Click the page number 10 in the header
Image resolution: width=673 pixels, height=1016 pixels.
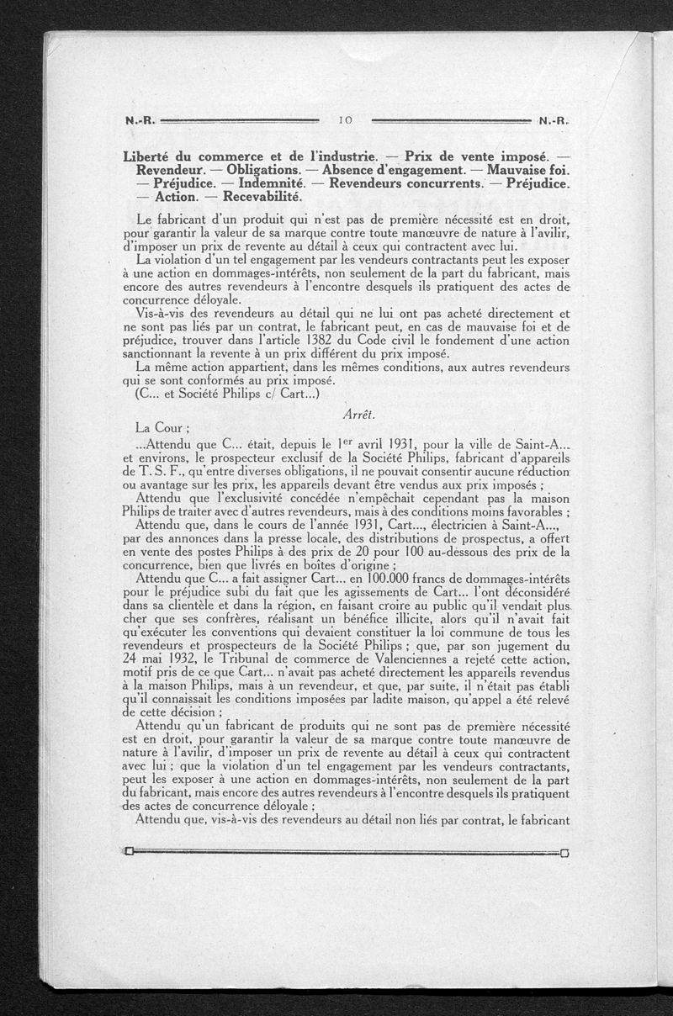[345, 120]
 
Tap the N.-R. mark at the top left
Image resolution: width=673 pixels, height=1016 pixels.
[138, 121]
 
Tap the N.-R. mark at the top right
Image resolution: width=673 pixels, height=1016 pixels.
[554, 121]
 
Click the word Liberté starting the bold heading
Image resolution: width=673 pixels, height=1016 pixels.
[150, 156]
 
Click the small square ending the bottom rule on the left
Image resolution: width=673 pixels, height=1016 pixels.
[128, 851]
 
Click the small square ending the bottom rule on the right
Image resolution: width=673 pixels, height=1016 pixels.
[564, 853]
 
